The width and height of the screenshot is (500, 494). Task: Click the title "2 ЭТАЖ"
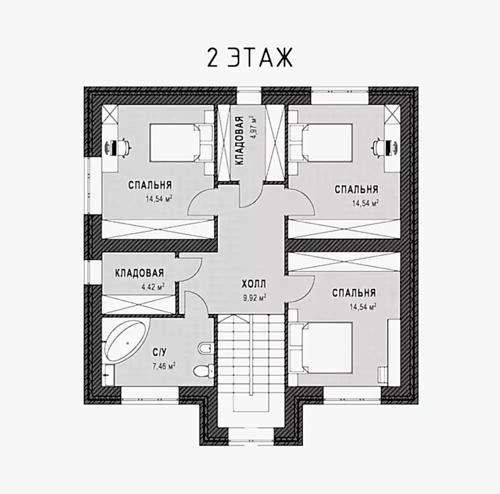[x=249, y=57]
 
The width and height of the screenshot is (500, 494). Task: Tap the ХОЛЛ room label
[x=254, y=284]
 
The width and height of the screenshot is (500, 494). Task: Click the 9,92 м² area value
[x=254, y=298]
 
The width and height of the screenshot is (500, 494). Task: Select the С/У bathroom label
[x=159, y=353]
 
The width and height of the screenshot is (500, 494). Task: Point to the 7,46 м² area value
[x=164, y=366]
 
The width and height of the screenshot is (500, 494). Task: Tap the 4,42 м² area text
[x=152, y=287]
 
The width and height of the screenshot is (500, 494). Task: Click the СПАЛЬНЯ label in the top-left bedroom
[x=150, y=185]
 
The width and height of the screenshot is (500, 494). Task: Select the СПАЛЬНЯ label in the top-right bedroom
[x=356, y=189]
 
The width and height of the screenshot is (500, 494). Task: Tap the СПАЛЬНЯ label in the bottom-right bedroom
[x=354, y=293]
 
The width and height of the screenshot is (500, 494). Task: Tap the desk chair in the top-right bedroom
[x=379, y=147]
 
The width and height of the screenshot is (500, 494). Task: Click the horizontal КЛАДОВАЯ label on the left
[x=139, y=273]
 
